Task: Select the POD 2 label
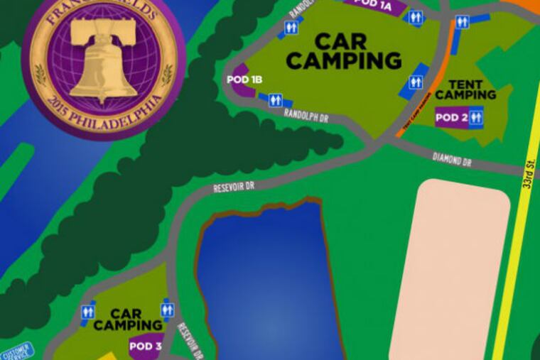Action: (452, 117)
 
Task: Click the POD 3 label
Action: (146, 346)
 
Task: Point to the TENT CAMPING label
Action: (466, 89)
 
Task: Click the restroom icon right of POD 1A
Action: (416, 18)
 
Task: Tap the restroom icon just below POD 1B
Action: (275, 101)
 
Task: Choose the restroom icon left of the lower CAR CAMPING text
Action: (88, 311)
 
